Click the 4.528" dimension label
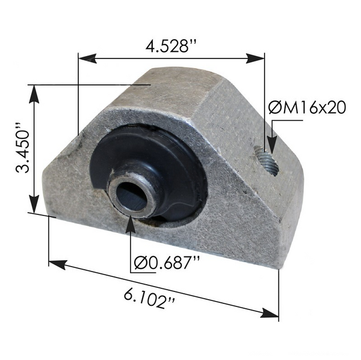click(x=171, y=46)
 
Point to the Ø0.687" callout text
click(x=167, y=262)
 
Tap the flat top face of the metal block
click(x=174, y=90)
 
